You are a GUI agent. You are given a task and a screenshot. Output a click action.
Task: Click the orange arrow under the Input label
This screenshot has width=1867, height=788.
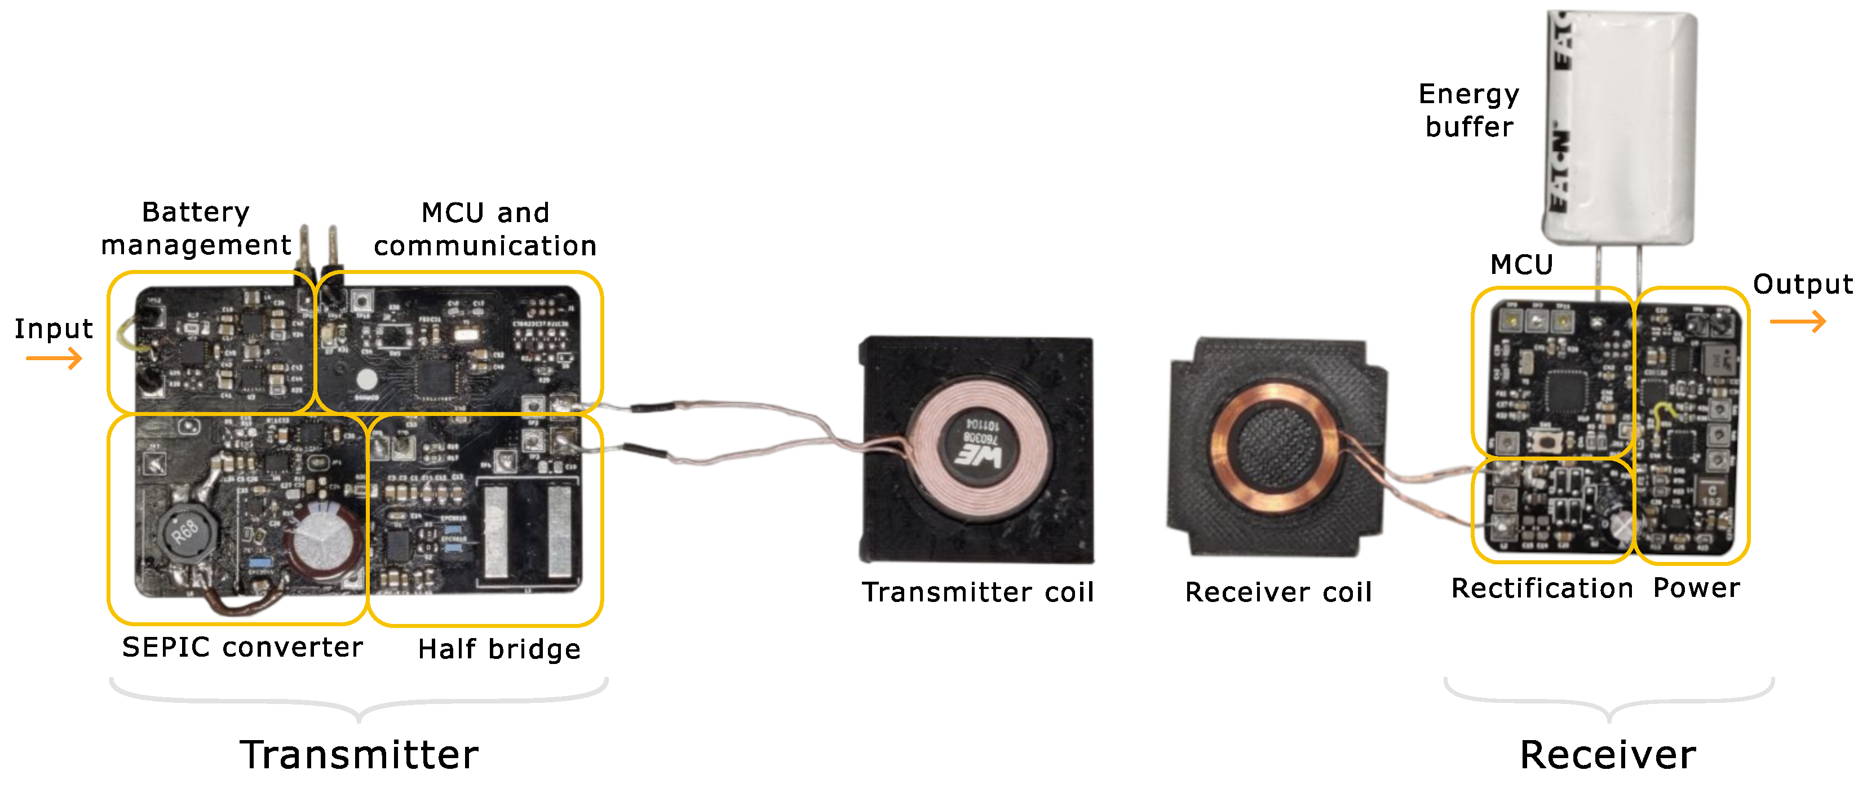[54, 358]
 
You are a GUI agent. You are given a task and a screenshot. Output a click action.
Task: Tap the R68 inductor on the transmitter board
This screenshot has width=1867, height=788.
[186, 533]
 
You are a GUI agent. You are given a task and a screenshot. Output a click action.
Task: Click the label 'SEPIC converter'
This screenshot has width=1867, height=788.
[242, 647]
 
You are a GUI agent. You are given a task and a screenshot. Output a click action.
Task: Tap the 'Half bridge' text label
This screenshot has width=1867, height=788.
[499, 649]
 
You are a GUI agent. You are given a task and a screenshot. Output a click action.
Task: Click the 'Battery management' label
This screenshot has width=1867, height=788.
[196, 228]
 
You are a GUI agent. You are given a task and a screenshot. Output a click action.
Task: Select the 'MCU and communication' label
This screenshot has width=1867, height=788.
[485, 229]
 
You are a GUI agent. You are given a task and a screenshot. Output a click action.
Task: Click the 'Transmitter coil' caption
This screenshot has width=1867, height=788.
[977, 592]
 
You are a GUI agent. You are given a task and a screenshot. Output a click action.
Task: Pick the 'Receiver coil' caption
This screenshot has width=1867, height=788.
[1278, 592]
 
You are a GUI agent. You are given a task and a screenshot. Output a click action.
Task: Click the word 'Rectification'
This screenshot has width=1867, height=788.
[1542, 588]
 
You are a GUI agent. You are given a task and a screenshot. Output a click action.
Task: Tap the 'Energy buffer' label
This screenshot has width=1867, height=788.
[1468, 110]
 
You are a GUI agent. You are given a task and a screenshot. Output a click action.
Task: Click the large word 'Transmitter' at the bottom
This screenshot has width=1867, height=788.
[359, 755]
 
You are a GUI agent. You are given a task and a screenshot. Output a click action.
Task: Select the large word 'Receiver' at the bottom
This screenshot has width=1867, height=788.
[1608, 755]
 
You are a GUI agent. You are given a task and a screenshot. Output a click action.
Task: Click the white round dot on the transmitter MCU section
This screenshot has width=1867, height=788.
[367, 379]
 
